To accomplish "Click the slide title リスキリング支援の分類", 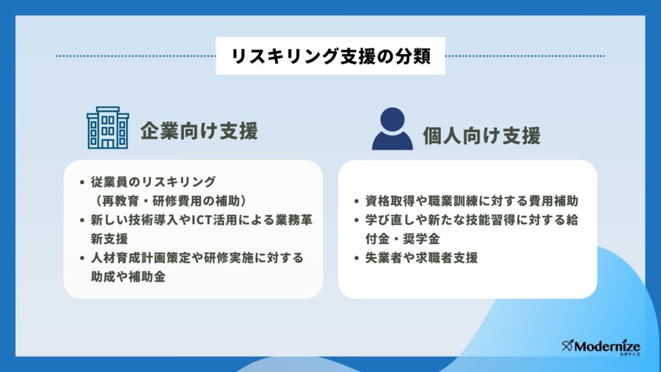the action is coord(331,56).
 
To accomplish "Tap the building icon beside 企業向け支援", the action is coord(108,127).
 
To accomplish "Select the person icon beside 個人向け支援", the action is coord(392,129).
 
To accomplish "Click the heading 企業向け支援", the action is coord(199,130).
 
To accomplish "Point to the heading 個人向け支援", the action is coord(482,136).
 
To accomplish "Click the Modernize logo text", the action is coord(607,347).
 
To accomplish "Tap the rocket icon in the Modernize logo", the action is coord(567,346).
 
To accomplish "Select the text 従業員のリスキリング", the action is coord(153,181).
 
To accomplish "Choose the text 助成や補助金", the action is coord(128,276).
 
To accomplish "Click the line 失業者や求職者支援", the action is coord(421,258).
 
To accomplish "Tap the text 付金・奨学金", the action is coord(402,239).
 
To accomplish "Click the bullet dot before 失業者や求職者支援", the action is coord(356,258).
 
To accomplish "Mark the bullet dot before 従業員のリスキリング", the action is coord(82,182).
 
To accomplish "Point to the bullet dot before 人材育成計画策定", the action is coord(82,258).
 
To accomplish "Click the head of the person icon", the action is coord(392,119).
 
